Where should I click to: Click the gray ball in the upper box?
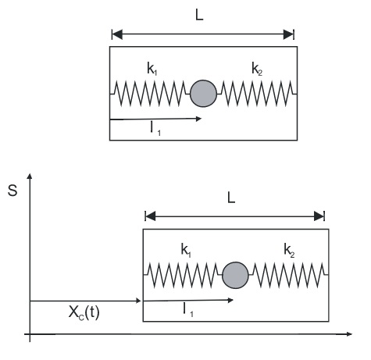(203, 94)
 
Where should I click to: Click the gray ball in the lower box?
(235, 275)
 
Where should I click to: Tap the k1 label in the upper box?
(152, 69)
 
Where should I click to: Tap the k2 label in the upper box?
(257, 69)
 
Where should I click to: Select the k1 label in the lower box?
(186, 251)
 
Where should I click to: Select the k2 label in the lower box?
(289, 251)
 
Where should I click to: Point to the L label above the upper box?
(199, 16)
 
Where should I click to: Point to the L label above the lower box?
(231, 198)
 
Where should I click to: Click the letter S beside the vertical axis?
(12, 191)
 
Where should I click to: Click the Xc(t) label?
(84, 312)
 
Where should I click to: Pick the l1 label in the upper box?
(155, 129)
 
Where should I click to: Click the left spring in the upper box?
(150, 94)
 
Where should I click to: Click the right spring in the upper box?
(257, 94)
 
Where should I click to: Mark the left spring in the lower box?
(183, 275)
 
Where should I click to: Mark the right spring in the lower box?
(288, 275)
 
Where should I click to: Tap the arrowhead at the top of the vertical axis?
(30, 176)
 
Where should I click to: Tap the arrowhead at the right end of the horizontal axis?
(349, 333)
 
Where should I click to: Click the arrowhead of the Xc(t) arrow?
(139, 301)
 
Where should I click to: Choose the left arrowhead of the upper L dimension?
(117, 34)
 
